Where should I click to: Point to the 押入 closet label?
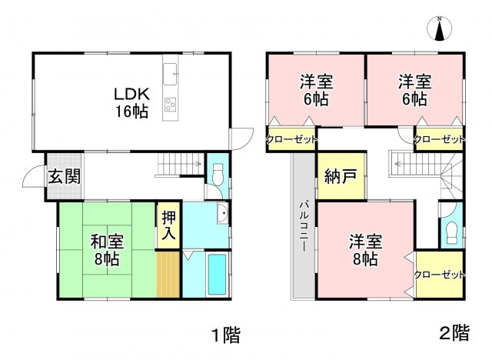click(168, 225)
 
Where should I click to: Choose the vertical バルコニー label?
click(303, 231)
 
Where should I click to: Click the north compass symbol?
click(440, 29)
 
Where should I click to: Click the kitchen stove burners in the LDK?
click(171, 105)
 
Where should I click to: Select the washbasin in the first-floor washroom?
click(220, 215)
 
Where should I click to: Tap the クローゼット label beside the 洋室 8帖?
click(440, 275)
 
